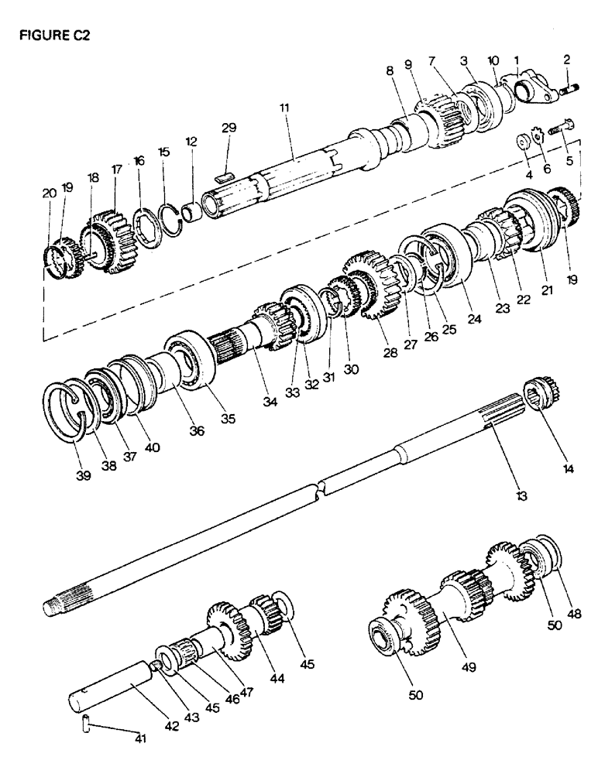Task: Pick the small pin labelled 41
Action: (x=87, y=725)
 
